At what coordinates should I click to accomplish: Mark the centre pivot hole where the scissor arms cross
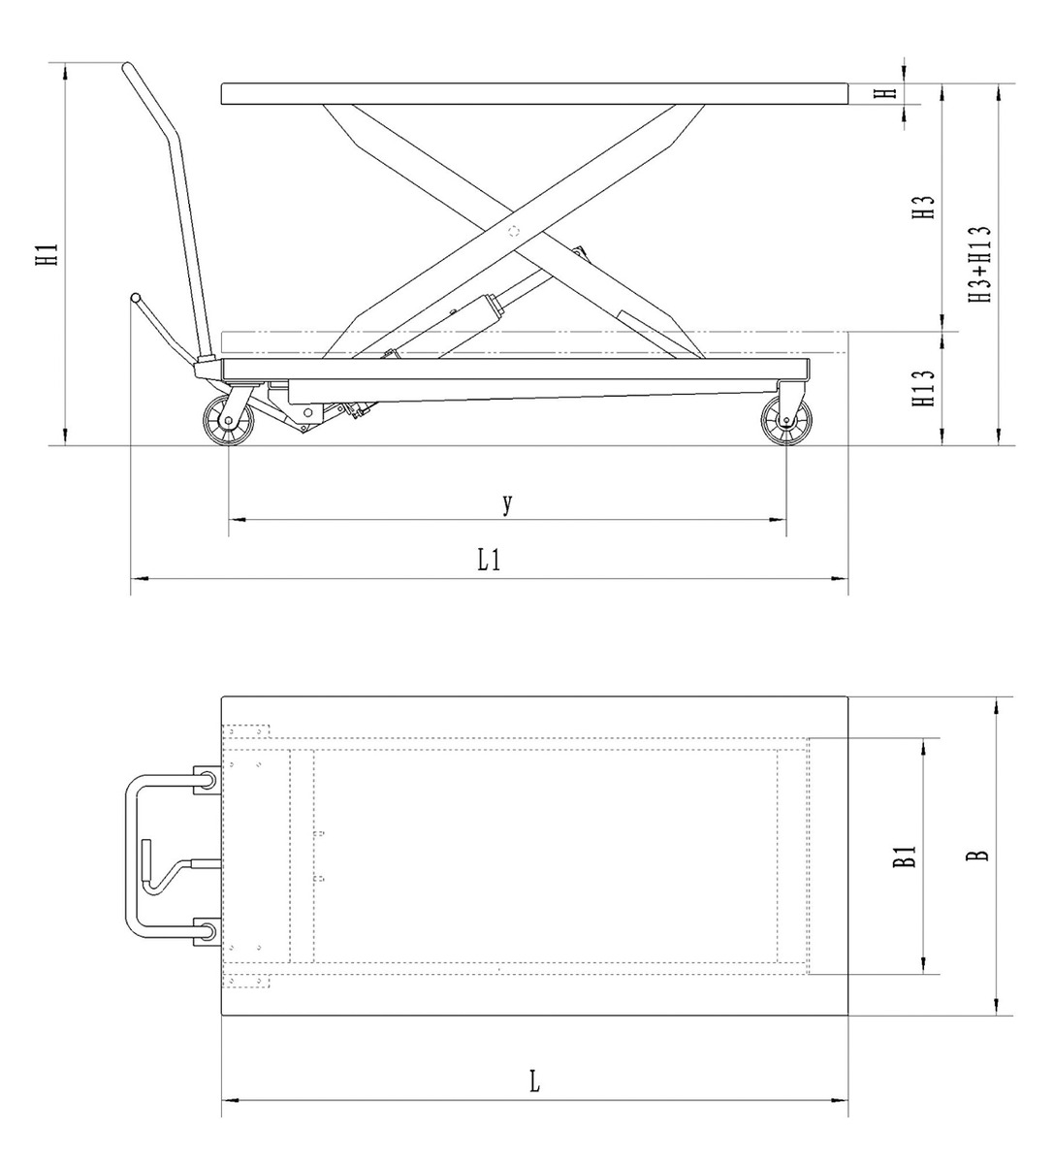tap(513, 232)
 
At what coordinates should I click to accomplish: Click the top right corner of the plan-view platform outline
tap(848, 696)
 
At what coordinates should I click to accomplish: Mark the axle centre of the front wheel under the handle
tap(228, 421)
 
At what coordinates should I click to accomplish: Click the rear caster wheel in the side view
tap(786, 421)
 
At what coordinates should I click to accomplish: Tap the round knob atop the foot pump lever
tap(136, 298)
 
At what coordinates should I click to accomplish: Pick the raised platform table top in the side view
tap(535, 94)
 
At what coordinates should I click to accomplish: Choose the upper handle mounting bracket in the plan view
tap(208, 779)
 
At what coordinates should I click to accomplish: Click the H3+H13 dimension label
tap(980, 264)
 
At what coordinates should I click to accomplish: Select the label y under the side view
tap(507, 503)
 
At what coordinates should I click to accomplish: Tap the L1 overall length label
tap(489, 561)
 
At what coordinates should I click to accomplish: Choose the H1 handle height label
tap(48, 255)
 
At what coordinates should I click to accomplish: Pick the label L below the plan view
tap(535, 1082)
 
